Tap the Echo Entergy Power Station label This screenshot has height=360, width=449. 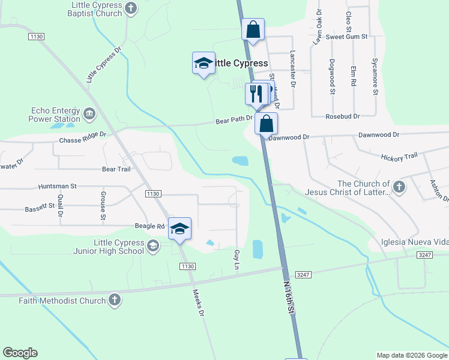pos(55,115)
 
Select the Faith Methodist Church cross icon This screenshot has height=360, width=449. pos(114,299)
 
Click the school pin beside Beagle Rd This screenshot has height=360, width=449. pos(179,229)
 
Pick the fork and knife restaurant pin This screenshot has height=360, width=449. pos(256,94)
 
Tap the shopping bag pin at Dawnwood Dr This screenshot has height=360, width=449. pos(267,124)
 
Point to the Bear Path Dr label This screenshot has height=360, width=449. pos(235,119)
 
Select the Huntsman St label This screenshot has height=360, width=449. pos(56,187)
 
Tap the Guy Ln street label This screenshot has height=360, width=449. pos(237,259)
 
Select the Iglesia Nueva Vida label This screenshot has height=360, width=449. pos(415,242)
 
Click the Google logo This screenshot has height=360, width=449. pos(20,353)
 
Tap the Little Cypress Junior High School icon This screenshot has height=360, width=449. pos(153,245)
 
